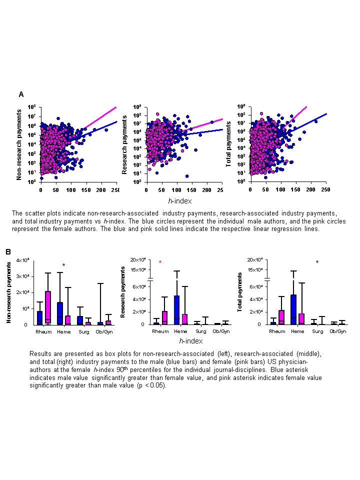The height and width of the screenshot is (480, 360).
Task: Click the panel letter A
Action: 21,94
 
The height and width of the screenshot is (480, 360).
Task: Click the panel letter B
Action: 8,252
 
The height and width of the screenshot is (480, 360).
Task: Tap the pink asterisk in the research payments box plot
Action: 160,262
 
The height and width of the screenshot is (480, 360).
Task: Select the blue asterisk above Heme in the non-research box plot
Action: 63,265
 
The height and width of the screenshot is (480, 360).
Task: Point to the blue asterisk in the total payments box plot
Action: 317,262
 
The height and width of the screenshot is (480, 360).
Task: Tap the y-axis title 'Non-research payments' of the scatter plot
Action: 19,145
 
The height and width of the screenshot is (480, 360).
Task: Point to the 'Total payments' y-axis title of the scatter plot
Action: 229,145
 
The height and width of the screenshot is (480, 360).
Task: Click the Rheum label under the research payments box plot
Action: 160,331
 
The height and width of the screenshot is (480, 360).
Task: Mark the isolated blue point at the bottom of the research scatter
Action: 187,176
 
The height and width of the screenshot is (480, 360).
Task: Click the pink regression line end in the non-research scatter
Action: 115,107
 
